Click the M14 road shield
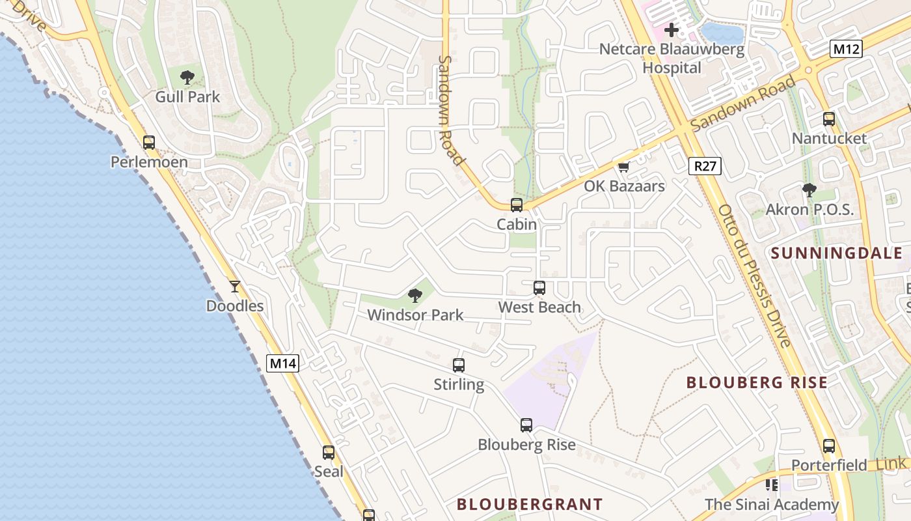(x=283, y=363)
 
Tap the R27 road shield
(x=705, y=166)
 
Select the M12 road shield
(x=846, y=48)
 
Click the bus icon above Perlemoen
(x=149, y=142)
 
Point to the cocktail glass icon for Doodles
(x=235, y=286)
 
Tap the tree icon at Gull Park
(x=187, y=77)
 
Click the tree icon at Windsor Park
(x=415, y=296)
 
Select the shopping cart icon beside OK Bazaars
(x=624, y=167)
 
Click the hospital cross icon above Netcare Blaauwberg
(x=672, y=30)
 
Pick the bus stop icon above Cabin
(x=517, y=205)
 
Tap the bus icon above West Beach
(x=539, y=287)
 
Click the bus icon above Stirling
(x=459, y=365)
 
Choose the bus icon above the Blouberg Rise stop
(x=526, y=425)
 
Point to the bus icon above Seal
(x=329, y=452)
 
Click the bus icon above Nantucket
(x=829, y=119)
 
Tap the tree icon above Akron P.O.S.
(x=809, y=190)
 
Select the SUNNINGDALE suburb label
(x=837, y=253)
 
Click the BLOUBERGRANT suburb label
(x=530, y=504)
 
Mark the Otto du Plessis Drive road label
(x=755, y=275)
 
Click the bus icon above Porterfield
(x=829, y=446)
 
